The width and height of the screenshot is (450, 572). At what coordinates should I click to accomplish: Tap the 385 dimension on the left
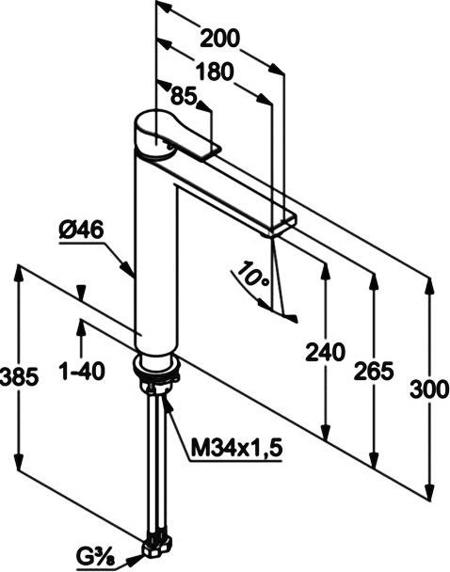[19, 376]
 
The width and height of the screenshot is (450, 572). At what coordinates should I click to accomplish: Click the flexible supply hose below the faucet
[155, 461]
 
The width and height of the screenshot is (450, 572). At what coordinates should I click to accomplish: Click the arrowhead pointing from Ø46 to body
[131, 270]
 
